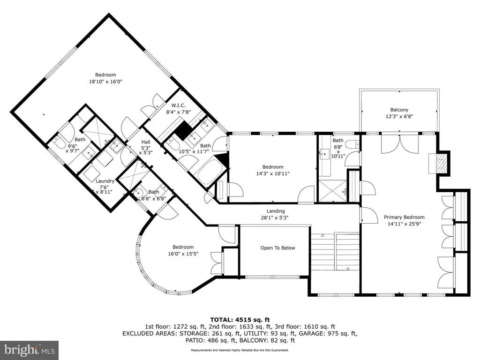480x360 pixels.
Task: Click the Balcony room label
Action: (x=399, y=110)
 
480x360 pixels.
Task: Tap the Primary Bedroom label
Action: (x=404, y=217)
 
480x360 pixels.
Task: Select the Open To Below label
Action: (x=277, y=247)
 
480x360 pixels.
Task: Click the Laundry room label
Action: (x=105, y=181)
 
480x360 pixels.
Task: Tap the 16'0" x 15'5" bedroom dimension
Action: (x=183, y=254)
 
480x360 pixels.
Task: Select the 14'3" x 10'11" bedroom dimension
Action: (x=273, y=173)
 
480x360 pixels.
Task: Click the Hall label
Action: (x=146, y=142)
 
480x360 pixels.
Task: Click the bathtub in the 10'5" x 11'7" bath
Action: (x=209, y=172)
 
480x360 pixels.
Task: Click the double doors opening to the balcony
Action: (x=400, y=143)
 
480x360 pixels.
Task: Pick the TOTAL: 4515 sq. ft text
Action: (x=240, y=320)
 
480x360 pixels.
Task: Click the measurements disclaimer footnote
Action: (x=240, y=350)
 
